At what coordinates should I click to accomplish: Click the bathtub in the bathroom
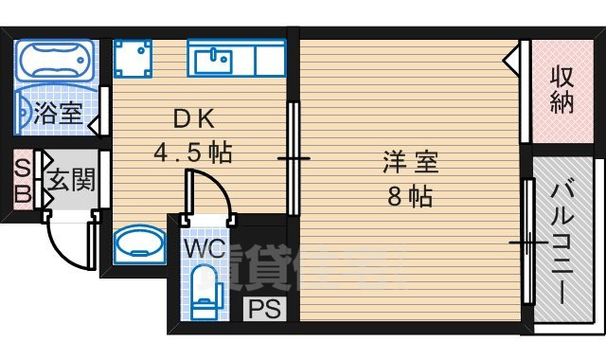(55, 61)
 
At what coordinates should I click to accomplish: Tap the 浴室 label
(58, 115)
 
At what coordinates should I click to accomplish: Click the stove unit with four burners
(134, 59)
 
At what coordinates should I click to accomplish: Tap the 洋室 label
(410, 162)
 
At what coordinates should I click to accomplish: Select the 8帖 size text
(409, 197)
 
